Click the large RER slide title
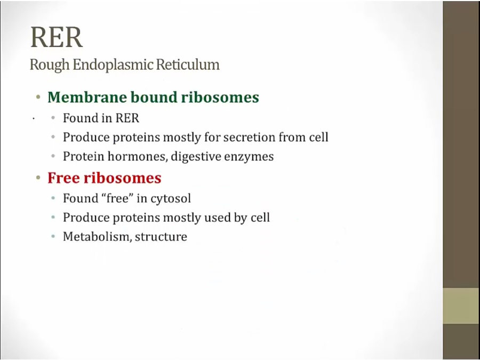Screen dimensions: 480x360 click(x=57, y=37)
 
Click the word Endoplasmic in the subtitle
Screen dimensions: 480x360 click(x=113, y=65)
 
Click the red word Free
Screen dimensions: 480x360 click(x=63, y=178)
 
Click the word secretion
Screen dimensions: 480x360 click(x=249, y=137)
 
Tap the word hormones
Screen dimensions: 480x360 click(x=137, y=156)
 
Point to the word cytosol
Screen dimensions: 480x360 click(x=171, y=199)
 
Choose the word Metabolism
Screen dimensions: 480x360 click(x=98, y=237)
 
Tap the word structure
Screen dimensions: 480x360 click(x=161, y=237)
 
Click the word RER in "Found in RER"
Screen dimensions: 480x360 click(x=127, y=118)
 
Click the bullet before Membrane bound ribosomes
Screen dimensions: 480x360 click(x=38, y=98)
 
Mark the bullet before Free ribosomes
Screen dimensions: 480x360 click(x=38, y=178)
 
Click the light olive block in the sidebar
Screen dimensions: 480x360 click(x=461, y=306)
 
